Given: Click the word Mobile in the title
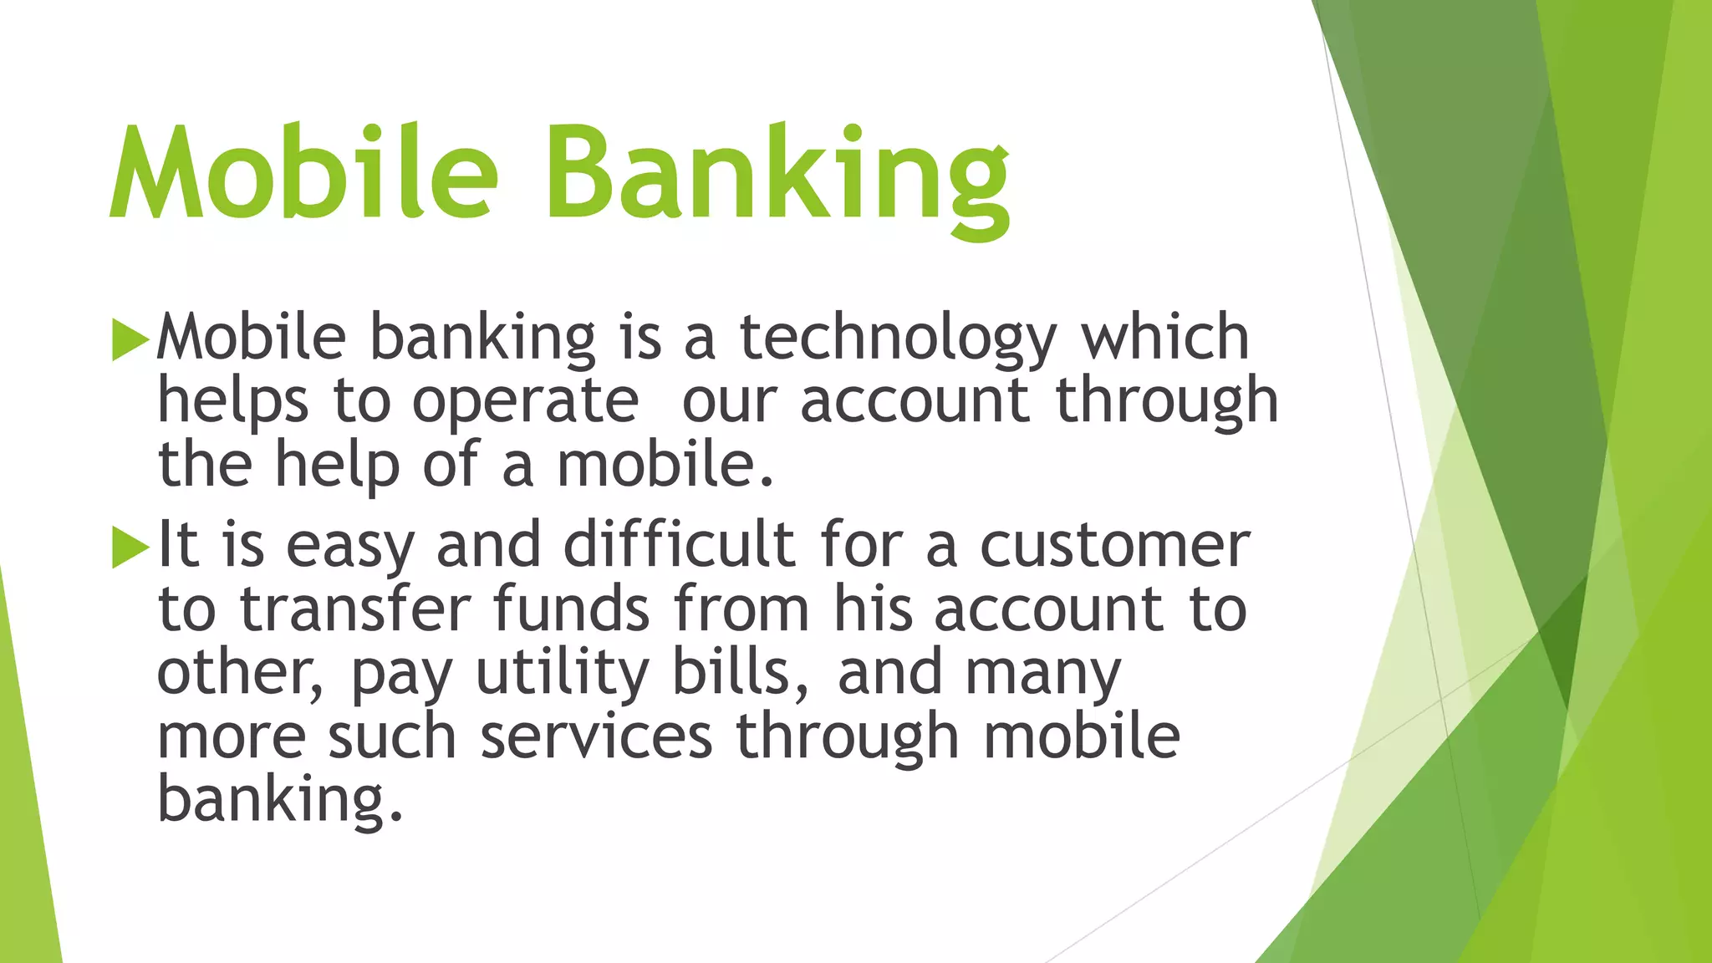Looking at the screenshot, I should click(304, 173).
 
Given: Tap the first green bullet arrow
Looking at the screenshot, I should click(130, 339).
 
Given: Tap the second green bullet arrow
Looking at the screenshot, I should click(130, 548).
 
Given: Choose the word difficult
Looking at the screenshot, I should click(679, 545).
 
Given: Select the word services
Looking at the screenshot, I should click(597, 737).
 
